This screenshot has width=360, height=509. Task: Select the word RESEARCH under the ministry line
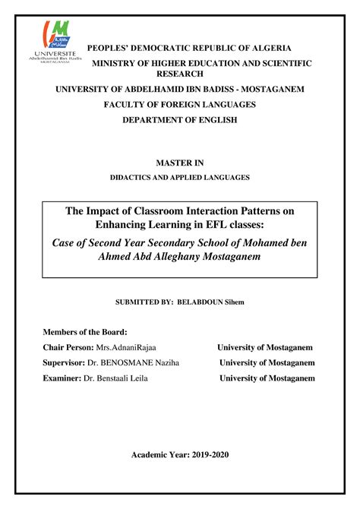tap(179, 74)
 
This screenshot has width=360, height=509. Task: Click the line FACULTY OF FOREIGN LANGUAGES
tap(180, 105)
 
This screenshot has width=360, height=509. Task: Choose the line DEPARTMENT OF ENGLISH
tap(180, 120)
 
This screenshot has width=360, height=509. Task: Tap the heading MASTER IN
tap(180, 163)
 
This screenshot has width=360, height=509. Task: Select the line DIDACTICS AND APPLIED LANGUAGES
tap(180, 177)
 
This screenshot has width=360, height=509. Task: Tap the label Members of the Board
tap(85, 332)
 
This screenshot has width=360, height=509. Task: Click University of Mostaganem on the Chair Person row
tap(265, 347)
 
